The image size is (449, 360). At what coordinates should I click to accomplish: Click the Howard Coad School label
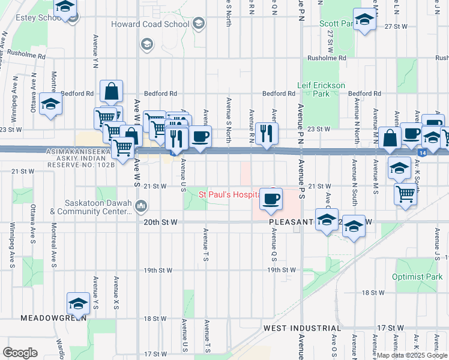(150, 25)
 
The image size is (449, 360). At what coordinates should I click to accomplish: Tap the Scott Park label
(334, 23)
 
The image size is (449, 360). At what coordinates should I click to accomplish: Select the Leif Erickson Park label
(322, 89)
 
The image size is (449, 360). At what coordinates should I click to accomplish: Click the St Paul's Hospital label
(229, 194)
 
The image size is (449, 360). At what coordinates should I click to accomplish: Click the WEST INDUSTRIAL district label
(302, 328)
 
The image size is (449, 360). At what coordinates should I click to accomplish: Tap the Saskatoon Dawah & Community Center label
(91, 207)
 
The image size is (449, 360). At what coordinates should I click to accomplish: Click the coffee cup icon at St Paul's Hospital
(271, 199)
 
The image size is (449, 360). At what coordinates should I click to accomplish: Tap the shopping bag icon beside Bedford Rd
(112, 92)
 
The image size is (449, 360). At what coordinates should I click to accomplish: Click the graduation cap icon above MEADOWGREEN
(78, 304)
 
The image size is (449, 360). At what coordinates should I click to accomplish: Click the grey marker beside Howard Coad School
(199, 25)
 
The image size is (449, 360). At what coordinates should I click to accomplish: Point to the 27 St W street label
(396, 27)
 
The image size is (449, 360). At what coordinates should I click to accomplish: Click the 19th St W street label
(282, 270)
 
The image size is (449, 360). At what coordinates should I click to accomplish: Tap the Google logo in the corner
(20, 352)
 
